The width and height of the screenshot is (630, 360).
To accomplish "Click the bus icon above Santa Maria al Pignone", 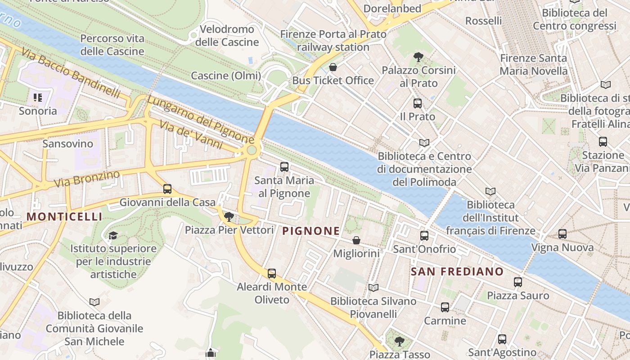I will pyautogui.click(x=284, y=167).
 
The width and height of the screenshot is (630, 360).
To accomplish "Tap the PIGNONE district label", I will pyautogui.click(x=310, y=231).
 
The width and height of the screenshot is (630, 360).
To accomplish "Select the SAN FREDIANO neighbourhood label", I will pyautogui.click(x=457, y=271).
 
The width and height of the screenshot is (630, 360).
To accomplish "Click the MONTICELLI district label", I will pyautogui.click(x=64, y=216).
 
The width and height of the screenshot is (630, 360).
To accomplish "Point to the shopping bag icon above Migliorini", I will pyautogui.click(x=356, y=240).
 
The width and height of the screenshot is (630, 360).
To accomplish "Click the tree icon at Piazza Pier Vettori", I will pyautogui.click(x=229, y=217).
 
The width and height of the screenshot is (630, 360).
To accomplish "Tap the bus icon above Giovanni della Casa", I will pyautogui.click(x=167, y=189).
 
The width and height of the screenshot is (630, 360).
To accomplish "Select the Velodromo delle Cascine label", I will pyautogui.click(x=227, y=36).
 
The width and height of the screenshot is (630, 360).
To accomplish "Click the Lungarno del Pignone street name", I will pyautogui.click(x=200, y=119).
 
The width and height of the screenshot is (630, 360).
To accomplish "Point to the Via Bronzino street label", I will pyautogui.click(x=87, y=179).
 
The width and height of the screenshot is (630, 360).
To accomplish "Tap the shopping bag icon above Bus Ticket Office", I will pyautogui.click(x=333, y=67).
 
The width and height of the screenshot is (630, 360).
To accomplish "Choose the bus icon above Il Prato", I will pyautogui.click(x=418, y=103).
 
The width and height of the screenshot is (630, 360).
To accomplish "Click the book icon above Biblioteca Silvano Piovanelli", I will pyautogui.click(x=373, y=288).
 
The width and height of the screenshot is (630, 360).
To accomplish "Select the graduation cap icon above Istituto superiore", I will pyautogui.click(x=113, y=235).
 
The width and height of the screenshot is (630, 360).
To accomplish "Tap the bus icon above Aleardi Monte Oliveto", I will pyautogui.click(x=272, y=274).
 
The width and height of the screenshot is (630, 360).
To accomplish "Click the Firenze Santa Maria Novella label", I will pyautogui.click(x=534, y=64).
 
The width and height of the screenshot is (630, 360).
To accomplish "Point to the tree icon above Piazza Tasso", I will pyautogui.click(x=399, y=341).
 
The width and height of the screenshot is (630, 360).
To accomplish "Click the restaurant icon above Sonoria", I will pyautogui.click(x=38, y=97).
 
